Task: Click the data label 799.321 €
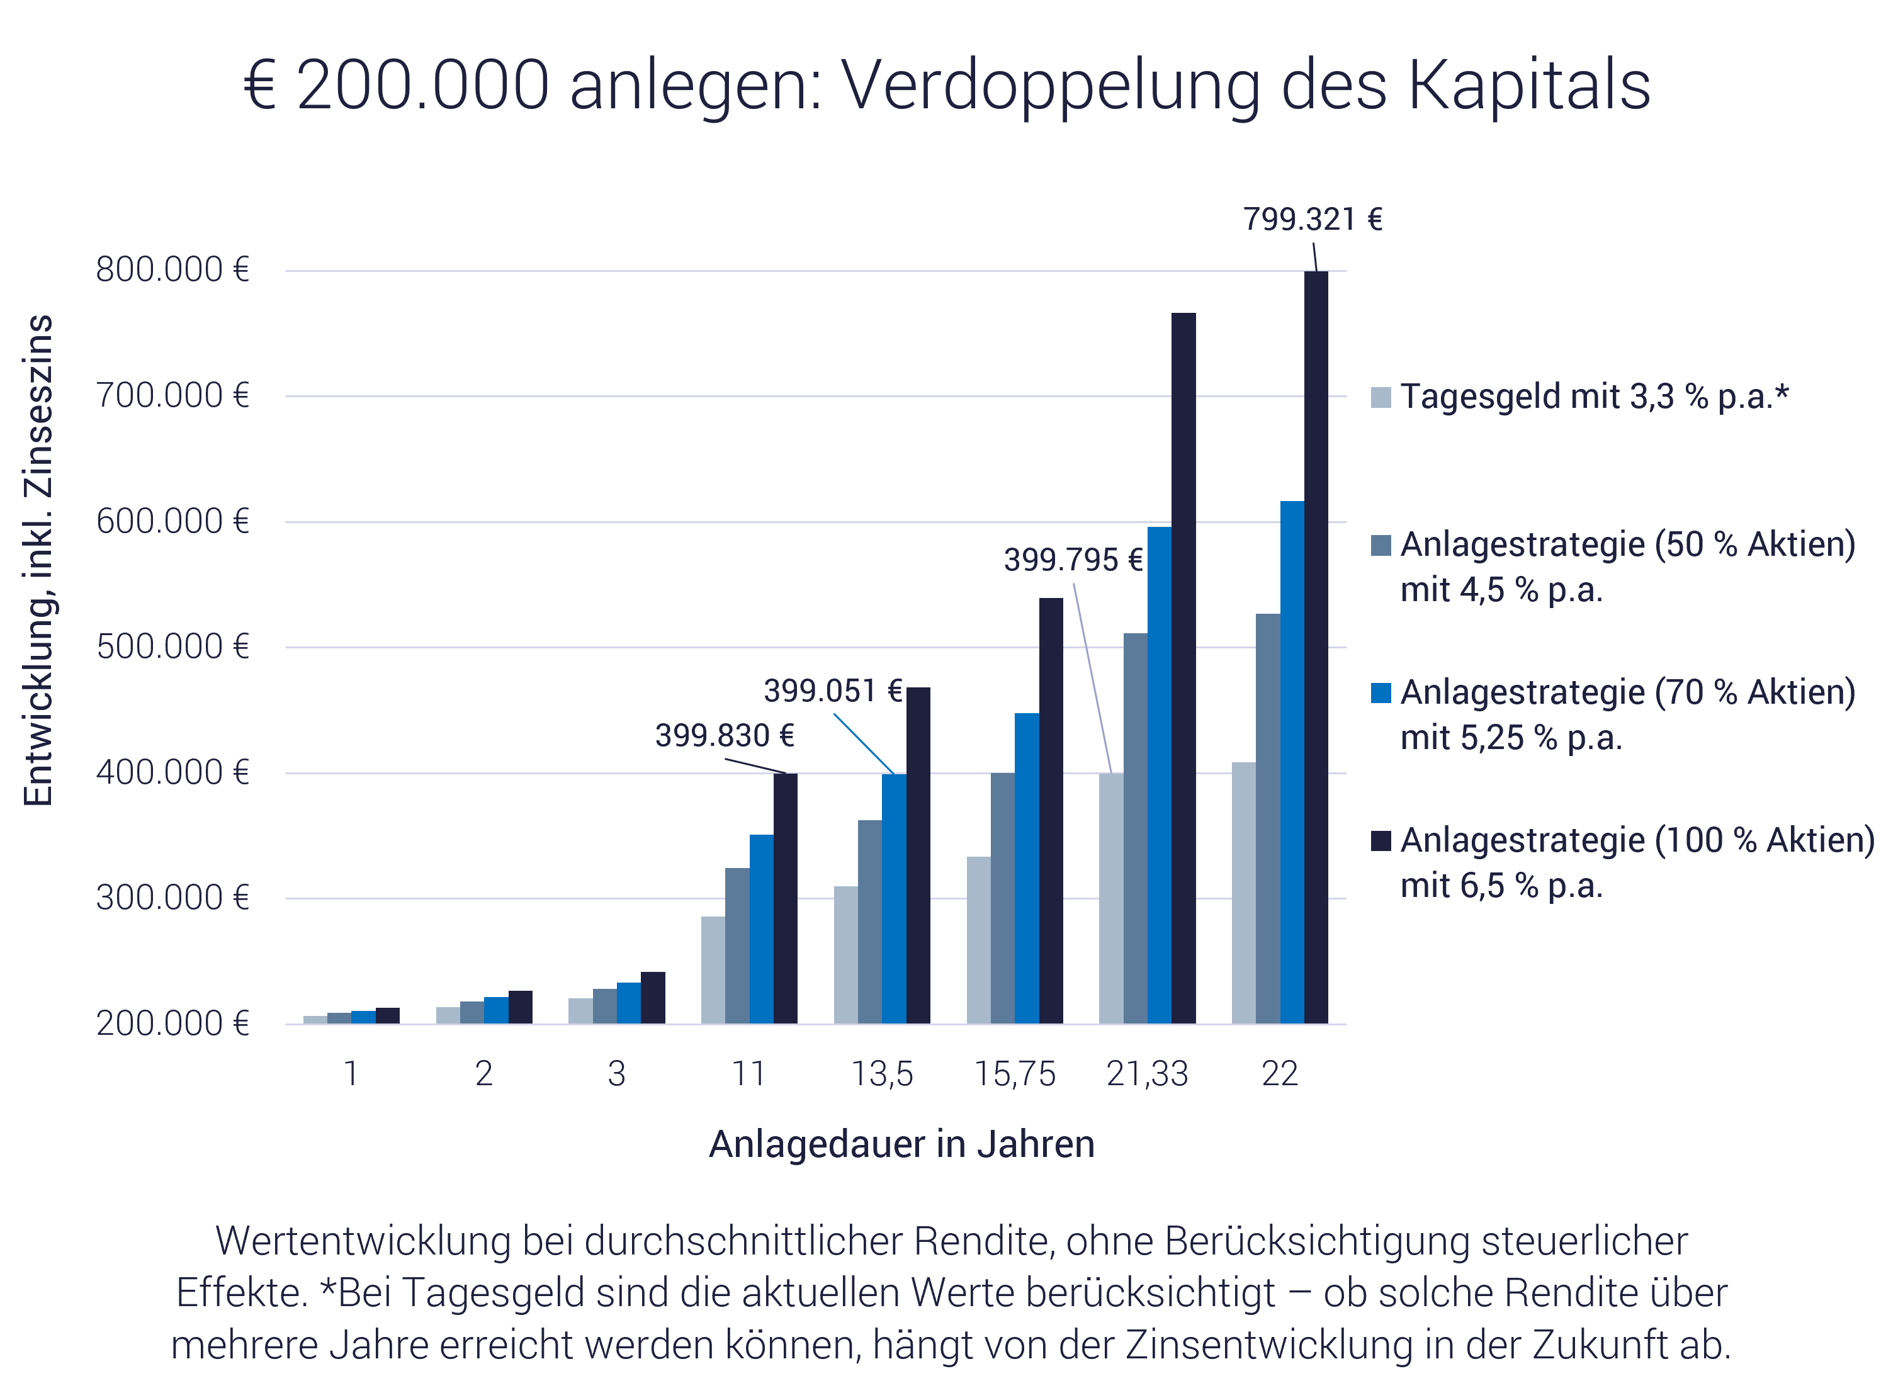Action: point(1313,219)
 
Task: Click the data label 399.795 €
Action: point(1073,560)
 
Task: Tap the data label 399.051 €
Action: point(833,691)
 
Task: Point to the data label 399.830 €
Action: point(725,736)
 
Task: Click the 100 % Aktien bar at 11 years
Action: point(785,898)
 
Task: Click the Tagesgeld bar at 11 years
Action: point(713,970)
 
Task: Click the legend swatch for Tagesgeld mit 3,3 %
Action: point(1381,397)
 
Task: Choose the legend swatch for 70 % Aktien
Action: point(1381,693)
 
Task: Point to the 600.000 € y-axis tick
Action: point(173,521)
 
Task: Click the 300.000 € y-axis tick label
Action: point(173,898)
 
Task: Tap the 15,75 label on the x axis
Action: point(1014,1074)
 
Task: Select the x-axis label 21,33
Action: point(1147,1074)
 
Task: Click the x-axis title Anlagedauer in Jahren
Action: point(901,1144)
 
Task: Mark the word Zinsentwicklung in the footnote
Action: point(1269,1345)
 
